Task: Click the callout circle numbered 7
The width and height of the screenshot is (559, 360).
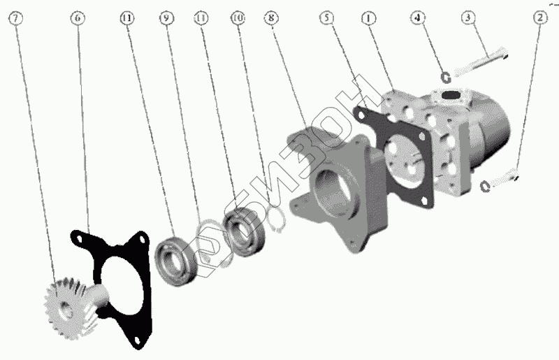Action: pyautogui.click(x=15, y=18)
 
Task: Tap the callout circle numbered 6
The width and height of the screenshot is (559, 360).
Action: pyautogui.click(x=78, y=18)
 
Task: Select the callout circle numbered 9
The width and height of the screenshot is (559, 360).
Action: pyautogui.click(x=166, y=18)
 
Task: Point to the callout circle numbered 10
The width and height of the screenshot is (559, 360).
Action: pyautogui.click(x=238, y=17)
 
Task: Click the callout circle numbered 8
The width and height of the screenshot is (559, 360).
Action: pyautogui.click(x=272, y=17)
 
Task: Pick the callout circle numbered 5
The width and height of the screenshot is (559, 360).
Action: pyautogui.click(x=327, y=17)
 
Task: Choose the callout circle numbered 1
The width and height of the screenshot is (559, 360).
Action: pyautogui.click(x=369, y=17)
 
